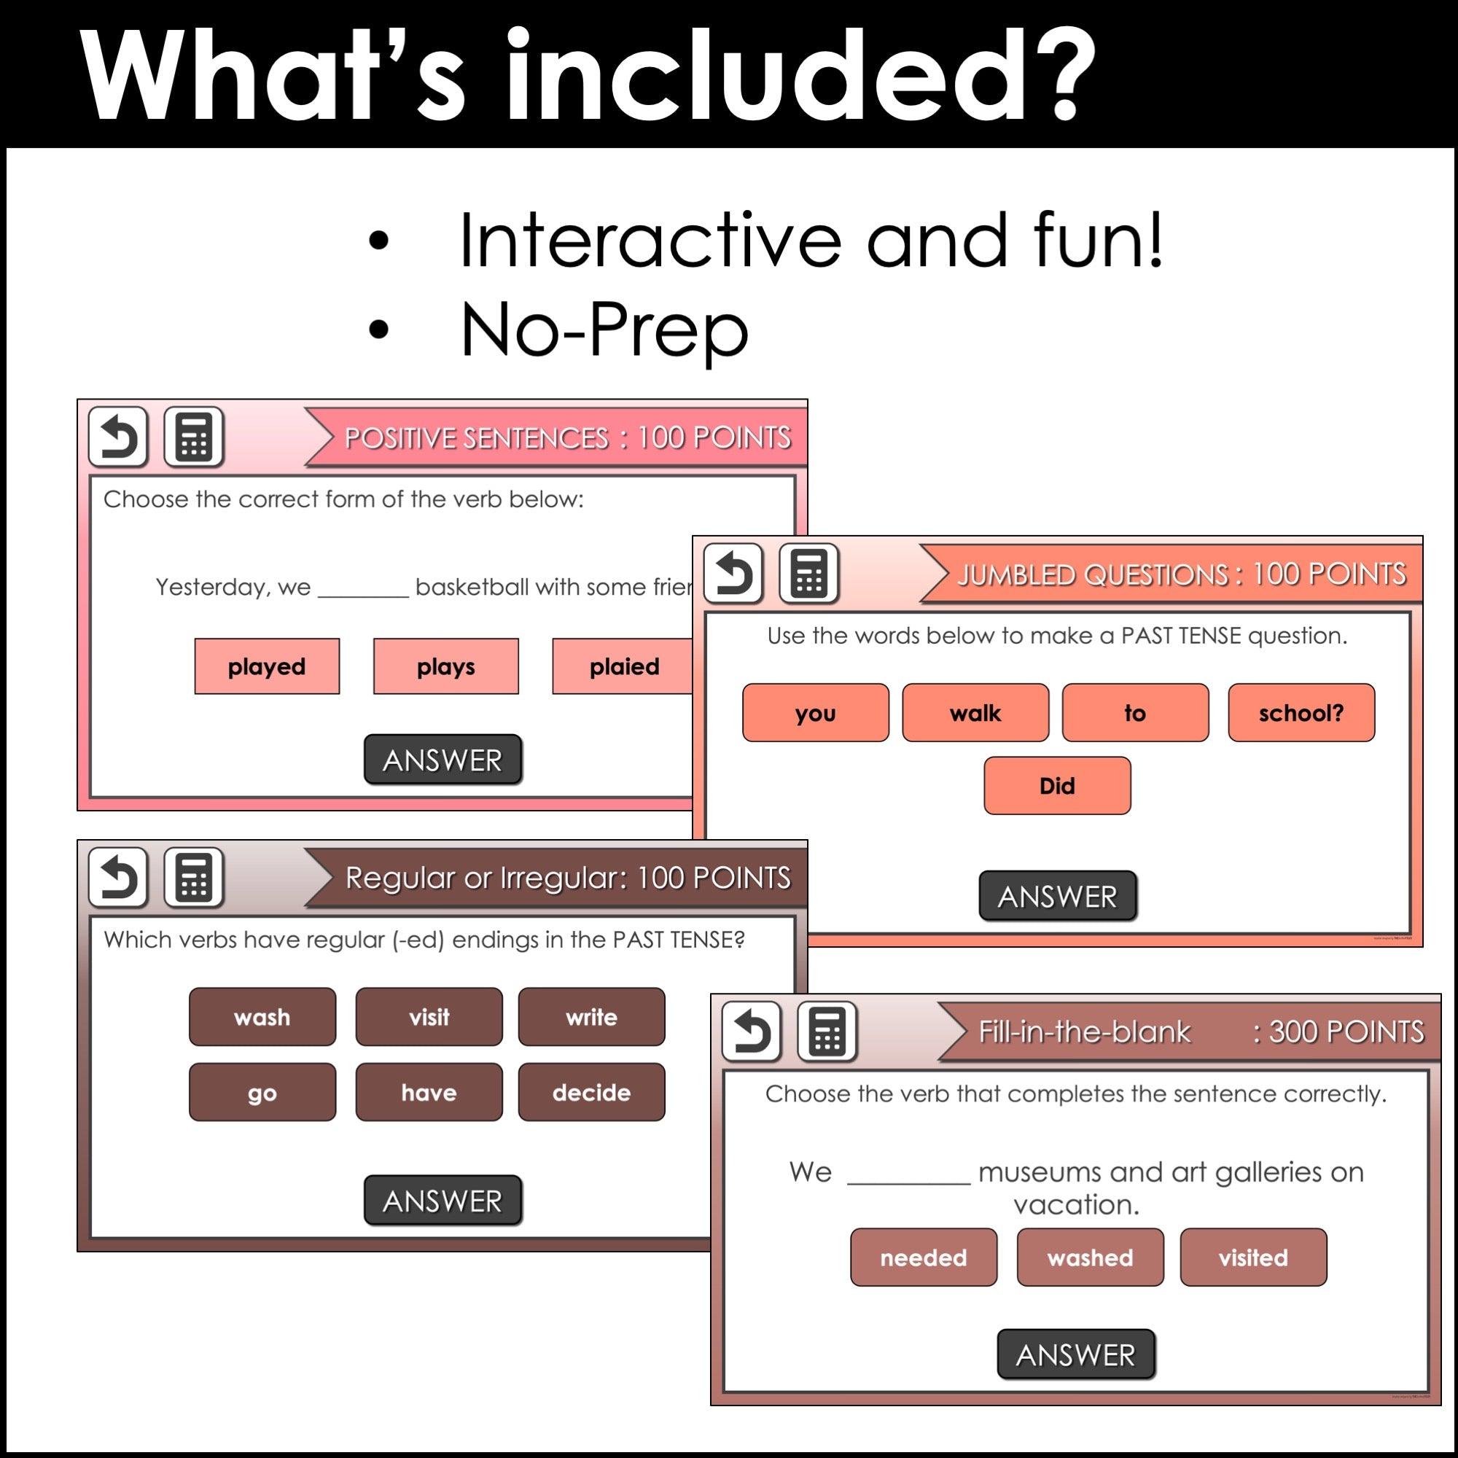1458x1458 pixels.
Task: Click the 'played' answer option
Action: point(266,666)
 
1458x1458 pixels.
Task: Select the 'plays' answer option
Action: point(445,666)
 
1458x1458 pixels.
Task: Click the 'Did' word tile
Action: point(1056,786)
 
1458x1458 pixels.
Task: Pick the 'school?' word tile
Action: point(1301,712)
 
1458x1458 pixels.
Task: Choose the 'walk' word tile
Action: point(975,712)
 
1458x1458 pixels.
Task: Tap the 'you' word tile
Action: point(815,712)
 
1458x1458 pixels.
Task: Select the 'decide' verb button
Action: point(591,1092)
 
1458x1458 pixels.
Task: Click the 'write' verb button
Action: point(591,1016)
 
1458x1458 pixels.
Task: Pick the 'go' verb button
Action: point(262,1092)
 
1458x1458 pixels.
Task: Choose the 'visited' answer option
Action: point(1252,1258)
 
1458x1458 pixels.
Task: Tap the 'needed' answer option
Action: point(923,1258)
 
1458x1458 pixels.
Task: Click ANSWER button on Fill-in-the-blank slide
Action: point(1075,1354)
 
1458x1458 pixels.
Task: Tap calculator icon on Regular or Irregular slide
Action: point(194,878)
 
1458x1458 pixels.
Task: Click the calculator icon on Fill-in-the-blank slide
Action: point(827,1032)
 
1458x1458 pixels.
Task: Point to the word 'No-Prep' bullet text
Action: point(604,330)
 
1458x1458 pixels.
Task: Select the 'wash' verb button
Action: point(262,1016)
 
